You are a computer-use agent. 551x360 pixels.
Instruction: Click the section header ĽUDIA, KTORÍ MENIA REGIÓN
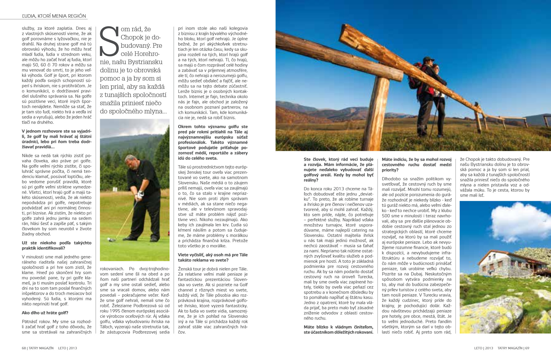(54, 16)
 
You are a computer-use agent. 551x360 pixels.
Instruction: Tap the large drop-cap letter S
(109, 42)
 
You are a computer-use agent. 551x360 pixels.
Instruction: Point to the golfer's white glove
(140, 194)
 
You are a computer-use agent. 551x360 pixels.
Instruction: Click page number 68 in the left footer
(24, 348)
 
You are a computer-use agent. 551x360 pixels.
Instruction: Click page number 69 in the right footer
(527, 348)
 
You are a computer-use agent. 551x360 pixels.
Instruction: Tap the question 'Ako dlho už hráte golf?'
(45, 313)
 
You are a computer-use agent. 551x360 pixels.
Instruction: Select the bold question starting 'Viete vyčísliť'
(213, 257)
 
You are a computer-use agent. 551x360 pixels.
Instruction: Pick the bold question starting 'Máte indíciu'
(417, 165)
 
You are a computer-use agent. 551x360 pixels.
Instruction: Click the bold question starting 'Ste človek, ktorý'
(338, 170)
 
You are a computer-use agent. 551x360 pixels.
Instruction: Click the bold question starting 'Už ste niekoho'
(57, 245)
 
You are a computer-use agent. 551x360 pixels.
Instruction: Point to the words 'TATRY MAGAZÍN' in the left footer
(41, 348)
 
